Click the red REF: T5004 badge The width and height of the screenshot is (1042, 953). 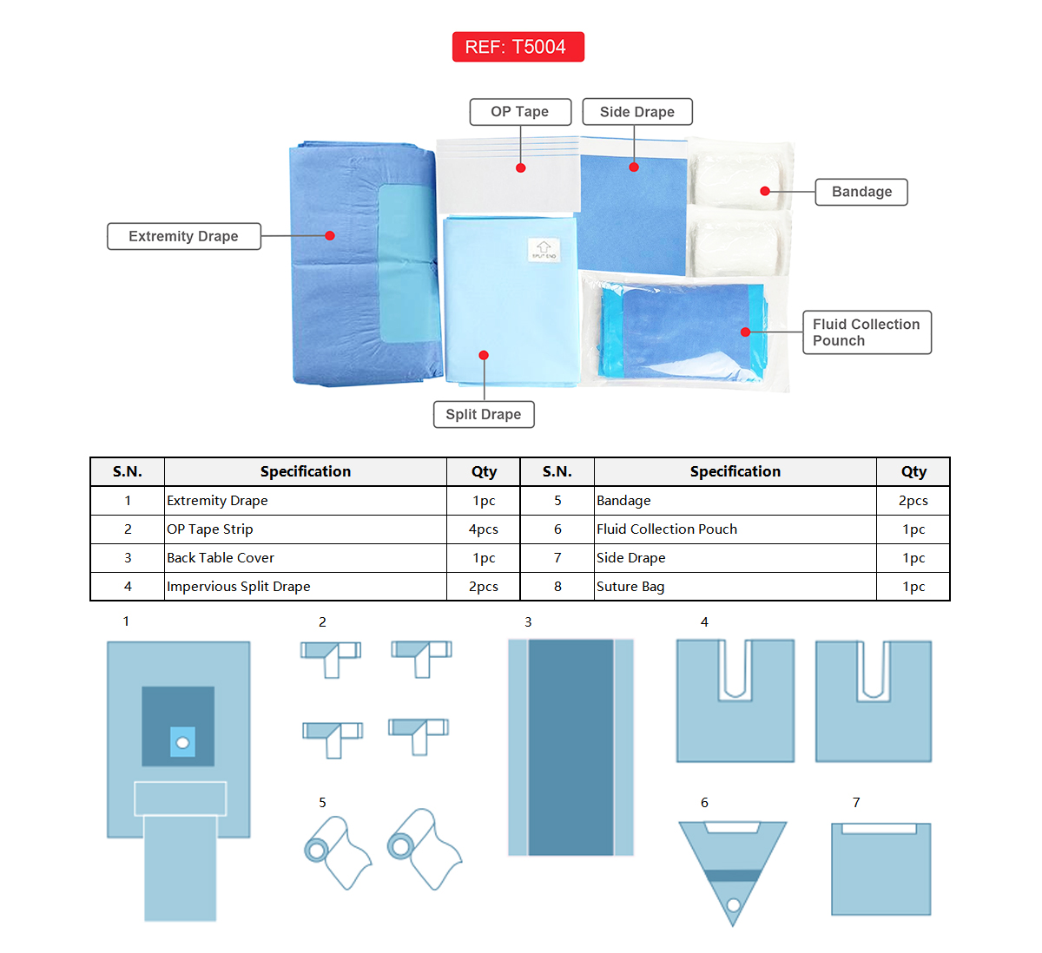point(518,47)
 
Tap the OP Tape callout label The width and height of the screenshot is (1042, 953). point(520,112)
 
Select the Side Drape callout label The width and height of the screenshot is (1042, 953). point(636,112)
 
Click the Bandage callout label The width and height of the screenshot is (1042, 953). point(861,192)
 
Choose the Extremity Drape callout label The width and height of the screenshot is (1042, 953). point(183,236)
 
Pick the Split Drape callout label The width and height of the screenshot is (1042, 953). point(484,415)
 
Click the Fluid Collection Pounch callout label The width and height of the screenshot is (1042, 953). point(866,332)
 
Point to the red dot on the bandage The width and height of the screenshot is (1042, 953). point(765,191)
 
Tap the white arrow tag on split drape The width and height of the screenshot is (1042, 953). point(544,250)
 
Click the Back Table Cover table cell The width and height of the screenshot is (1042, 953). point(221,558)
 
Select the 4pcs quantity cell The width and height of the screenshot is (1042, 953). point(484,529)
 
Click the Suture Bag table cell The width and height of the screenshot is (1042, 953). point(630,587)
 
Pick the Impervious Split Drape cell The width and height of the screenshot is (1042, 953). point(239,587)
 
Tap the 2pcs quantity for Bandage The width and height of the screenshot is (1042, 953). point(913,501)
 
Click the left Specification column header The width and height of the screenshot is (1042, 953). point(306,471)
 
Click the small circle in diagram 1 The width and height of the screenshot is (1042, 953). point(182,742)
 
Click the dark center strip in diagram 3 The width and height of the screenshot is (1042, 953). point(570,746)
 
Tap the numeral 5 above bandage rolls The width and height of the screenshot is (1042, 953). point(322,803)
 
